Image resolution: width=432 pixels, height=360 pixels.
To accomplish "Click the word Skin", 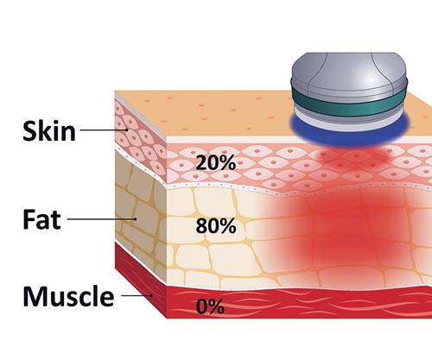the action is click(49, 131).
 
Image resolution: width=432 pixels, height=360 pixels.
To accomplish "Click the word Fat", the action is click(41, 219).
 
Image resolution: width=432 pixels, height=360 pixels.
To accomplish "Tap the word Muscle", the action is click(68, 296).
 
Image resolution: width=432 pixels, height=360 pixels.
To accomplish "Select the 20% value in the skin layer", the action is click(216, 163).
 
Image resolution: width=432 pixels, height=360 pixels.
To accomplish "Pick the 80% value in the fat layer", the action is click(216, 226).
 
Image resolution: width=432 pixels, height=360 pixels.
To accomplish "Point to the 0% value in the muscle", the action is click(210, 306).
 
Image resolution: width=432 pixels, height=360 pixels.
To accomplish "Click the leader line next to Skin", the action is click(103, 129).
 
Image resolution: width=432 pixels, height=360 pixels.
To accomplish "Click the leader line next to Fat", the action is click(101, 219).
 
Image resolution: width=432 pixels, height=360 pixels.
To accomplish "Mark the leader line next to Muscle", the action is click(136, 295).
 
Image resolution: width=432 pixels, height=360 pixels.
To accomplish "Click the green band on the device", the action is click(349, 104).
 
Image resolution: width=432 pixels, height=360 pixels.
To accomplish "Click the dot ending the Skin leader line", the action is click(126, 129).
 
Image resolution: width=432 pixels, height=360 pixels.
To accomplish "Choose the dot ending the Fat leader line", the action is click(135, 219).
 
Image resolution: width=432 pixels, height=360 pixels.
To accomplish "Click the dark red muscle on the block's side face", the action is click(141, 279).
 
